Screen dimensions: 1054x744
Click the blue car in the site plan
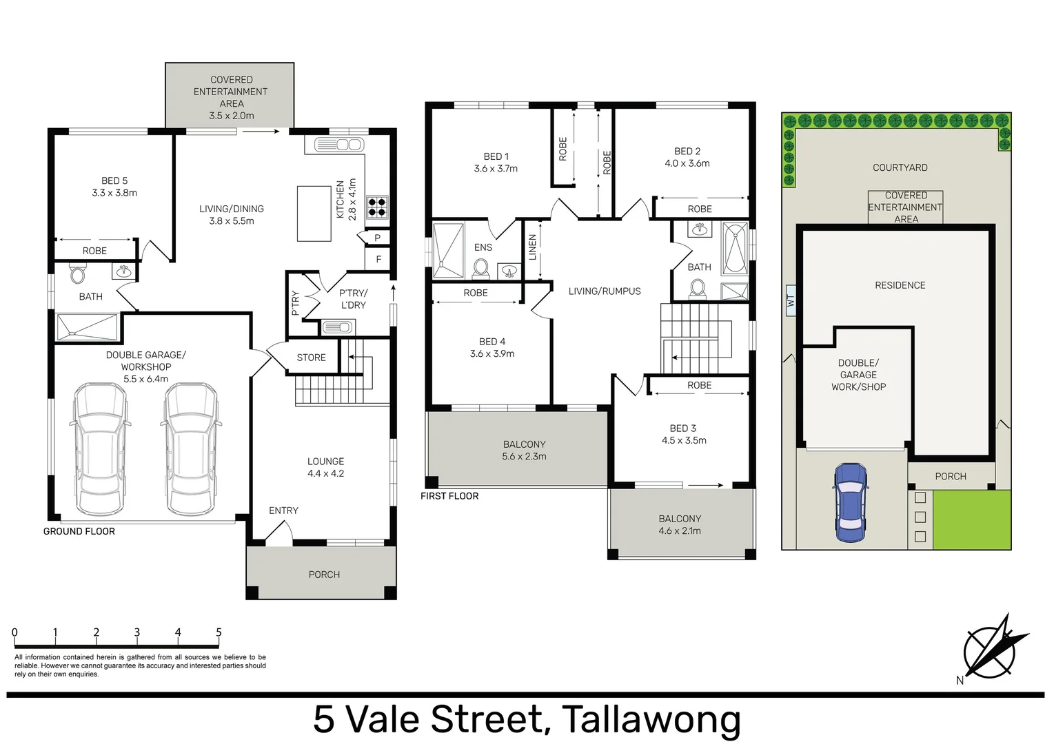(x=850, y=502)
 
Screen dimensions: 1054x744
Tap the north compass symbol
(x=992, y=652)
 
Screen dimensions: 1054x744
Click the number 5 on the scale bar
(x=219, y=632)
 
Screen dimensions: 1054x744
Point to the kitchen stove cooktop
(x=377, y=207)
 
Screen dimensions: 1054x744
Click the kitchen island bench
(x=314, y=214)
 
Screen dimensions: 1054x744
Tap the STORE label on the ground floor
(x=311, y=358)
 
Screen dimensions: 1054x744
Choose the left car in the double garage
(x=100, y=450)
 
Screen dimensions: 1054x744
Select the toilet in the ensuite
(x=481, y=269)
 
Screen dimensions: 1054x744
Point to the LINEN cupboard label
(x=532, y=247)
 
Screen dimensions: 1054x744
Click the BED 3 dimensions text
(x=684, y=441)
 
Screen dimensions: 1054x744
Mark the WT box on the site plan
(x=791, y=300)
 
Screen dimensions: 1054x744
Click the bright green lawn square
(x=972, y=519)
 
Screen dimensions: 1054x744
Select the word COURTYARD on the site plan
(x=900, y=167)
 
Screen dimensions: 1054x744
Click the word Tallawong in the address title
(x=651, y=719)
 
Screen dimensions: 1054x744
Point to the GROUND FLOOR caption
(x=79, y=531)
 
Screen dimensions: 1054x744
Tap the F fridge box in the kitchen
(x=378, y=259)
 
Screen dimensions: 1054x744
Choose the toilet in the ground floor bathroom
(x=78, y=272)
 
